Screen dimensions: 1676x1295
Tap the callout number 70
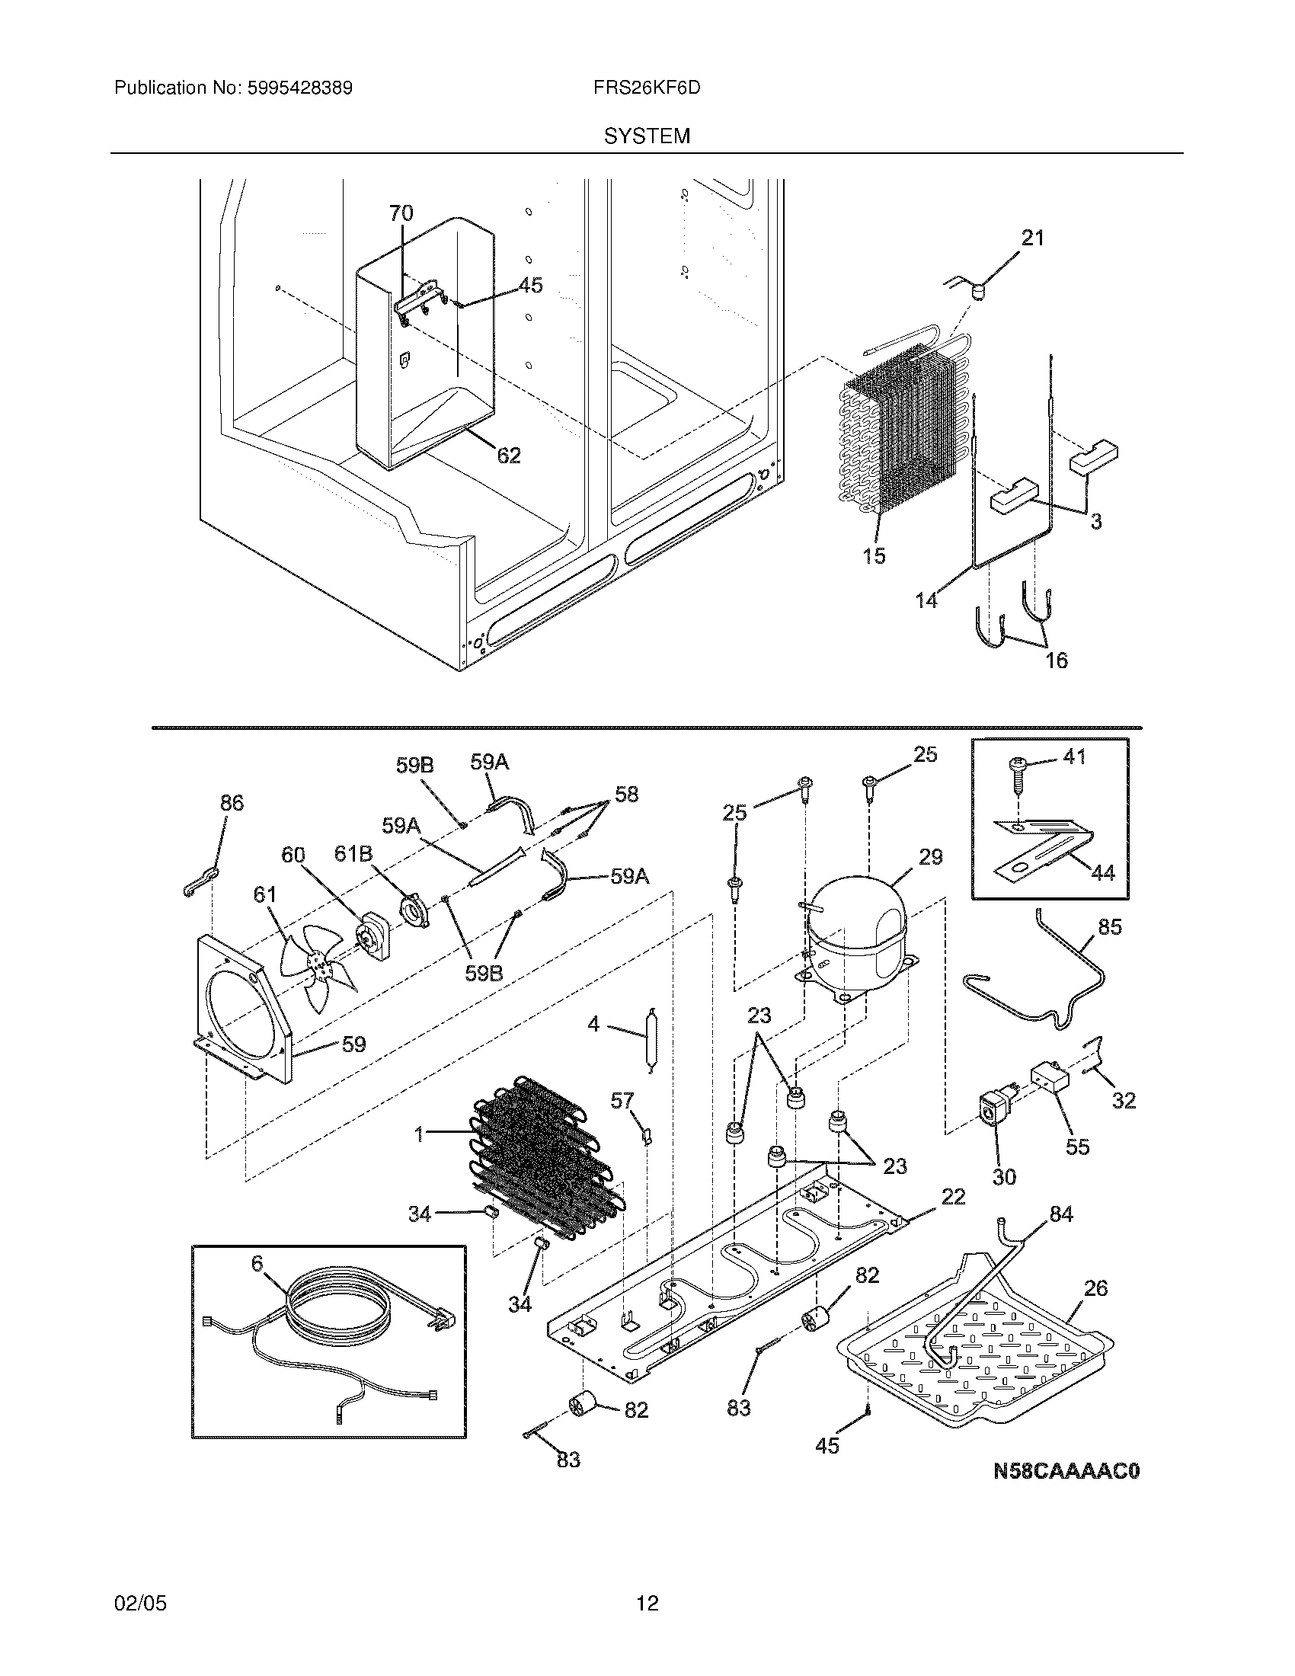click(x=401, y=213)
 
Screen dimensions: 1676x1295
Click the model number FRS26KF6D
click(x=646, y=88)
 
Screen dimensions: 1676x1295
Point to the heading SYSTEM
click(x=646, y=136)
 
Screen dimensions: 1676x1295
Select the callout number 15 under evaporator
click(x=874, y=555)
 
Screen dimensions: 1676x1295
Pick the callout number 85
click(x=1109, y=926)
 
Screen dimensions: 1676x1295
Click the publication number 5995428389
click(x=299, y=88)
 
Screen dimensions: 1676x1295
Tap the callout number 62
click(x=509, y=455)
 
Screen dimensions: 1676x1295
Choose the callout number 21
click(x=1033, y=238)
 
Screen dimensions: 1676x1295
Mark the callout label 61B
click(x=353, y=853)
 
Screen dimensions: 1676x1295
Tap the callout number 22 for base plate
click(x=953, y=1196)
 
